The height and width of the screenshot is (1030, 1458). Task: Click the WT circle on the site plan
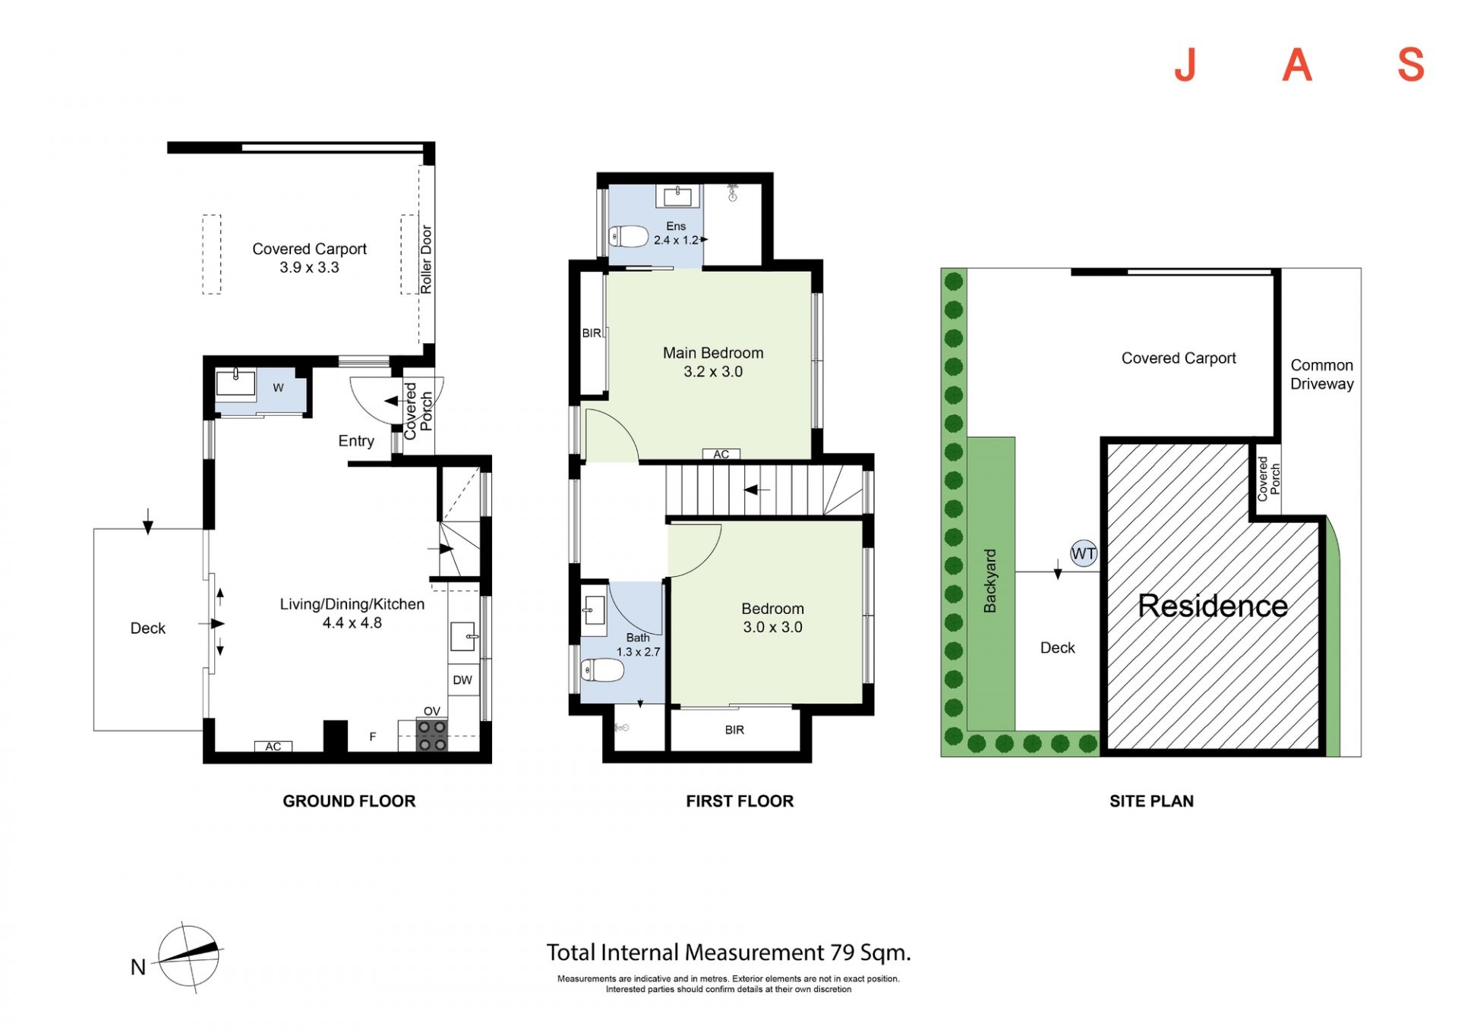click(1083, 553)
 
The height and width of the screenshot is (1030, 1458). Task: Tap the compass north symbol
click(188, 958)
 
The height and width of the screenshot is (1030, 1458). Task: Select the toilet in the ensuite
click(627, 237)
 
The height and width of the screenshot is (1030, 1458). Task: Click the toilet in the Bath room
click(601, 670)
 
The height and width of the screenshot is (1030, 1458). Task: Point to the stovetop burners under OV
click(432, 735)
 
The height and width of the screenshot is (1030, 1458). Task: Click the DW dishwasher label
click(462, 680)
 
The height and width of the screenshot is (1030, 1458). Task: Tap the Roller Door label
click(426, 260)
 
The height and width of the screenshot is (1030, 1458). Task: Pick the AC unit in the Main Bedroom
click(721, 454)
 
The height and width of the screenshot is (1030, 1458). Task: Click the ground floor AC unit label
click(273, 747)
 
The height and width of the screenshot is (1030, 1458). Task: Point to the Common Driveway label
click(1322, 374)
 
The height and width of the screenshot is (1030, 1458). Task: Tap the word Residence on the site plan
click(1213, 606)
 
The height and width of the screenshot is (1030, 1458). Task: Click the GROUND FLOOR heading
click(349, 801)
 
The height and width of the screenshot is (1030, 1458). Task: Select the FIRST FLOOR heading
click(740, 801)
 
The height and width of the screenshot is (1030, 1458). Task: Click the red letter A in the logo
click(1298, 65)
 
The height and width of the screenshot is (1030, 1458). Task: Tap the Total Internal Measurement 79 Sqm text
click(729, 953)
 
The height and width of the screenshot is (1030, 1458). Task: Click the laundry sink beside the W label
click(236, 383)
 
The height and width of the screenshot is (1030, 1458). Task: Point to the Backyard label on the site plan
click(989, 581)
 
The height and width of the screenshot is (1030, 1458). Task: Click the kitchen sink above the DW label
click(463, 636)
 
